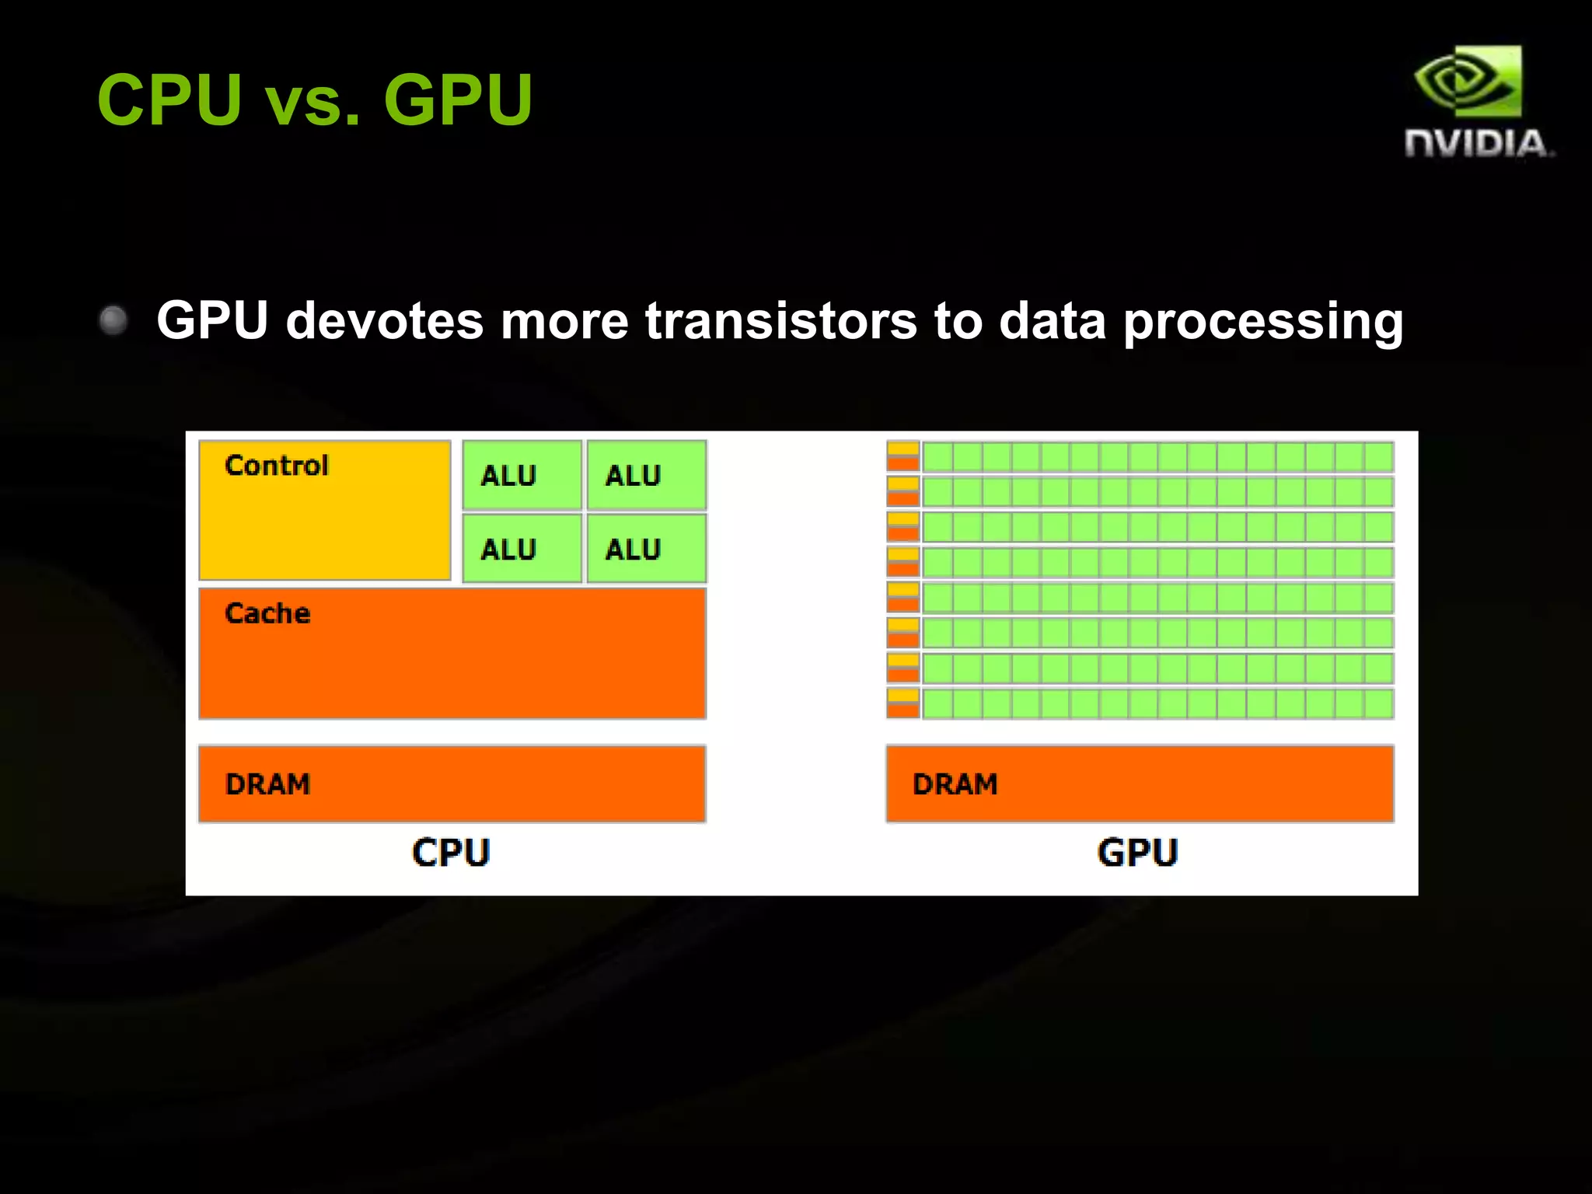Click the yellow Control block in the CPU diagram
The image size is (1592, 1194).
[325, 521]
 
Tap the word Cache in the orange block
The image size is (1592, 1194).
[267, 613]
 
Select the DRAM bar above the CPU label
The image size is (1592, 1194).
[452, 784]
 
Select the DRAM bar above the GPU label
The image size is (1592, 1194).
[1140, 784]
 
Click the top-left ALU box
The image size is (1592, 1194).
[522, 475]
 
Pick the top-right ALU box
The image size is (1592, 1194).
[646, 475]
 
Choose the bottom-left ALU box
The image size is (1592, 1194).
[522, 549]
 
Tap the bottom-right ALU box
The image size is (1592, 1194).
[646, 549]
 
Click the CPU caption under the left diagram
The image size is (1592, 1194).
[451, 853]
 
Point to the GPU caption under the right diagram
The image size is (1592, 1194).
[1137, 853]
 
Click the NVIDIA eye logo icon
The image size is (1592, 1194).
[1468, 81]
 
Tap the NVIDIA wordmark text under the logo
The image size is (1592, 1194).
[1477, 144]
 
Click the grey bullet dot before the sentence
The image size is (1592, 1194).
[114, 319]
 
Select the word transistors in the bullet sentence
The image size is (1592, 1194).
[781, 320]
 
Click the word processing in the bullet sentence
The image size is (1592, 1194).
[1263, 322]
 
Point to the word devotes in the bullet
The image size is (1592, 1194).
[384, 320]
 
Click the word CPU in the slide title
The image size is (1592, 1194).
[170, 99]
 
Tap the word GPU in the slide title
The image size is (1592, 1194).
[458, 99]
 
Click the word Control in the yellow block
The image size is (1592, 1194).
[277, 465]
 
